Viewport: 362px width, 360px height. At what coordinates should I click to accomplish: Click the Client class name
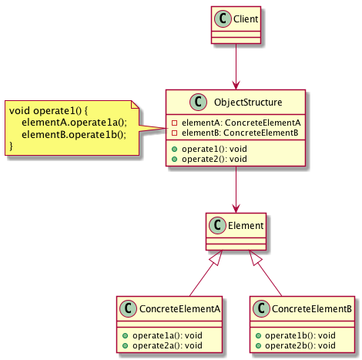point(246,19)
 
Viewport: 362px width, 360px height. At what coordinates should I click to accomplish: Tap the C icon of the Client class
point(223,19)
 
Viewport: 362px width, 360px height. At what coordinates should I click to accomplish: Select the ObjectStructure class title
point(248,103)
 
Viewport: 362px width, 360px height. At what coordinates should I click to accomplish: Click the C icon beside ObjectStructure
point(198,102)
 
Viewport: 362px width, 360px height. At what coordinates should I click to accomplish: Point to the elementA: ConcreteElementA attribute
point(241,123)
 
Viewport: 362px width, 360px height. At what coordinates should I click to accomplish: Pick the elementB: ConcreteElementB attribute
point(240,133)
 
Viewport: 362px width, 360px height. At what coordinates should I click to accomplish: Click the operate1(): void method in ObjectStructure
point(214,149)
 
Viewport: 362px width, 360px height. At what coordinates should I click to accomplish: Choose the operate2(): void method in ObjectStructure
point(214,159)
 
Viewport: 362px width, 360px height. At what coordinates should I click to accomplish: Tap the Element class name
point(246,226)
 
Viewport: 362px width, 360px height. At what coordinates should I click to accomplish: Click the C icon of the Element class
point(217,225)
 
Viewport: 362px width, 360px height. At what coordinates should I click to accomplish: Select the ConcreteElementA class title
point(179,309)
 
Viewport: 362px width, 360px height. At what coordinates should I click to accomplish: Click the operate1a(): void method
point(167,335)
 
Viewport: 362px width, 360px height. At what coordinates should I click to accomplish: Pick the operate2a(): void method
point(167,345)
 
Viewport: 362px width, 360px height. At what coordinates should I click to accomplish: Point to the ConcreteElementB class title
point(312,309)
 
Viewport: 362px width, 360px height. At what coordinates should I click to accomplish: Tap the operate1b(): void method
point(300,335)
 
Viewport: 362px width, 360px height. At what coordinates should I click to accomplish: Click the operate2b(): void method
point(300,345)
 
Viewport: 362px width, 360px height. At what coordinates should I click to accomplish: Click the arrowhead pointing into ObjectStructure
point(236,86)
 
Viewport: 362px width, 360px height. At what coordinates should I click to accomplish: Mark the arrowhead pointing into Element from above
point(236,208)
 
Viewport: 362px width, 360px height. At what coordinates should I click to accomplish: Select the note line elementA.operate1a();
point(74,123)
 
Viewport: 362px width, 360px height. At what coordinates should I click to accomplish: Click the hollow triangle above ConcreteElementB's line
point(256,257)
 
